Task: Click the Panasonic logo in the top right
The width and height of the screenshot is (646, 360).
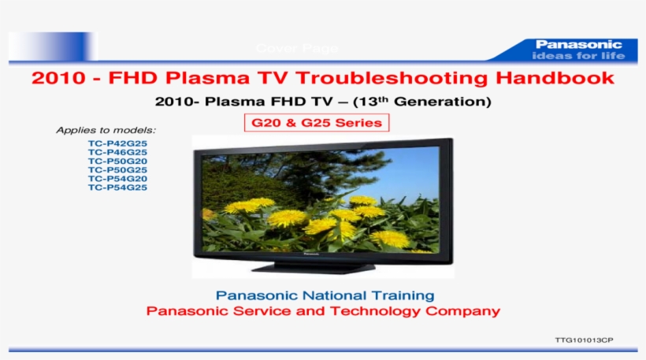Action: [579, 44]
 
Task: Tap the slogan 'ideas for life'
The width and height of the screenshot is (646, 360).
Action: [579, 56]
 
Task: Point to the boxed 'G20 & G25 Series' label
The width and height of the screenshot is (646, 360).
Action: [316, 123]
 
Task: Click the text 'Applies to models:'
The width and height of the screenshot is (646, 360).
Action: [106, 130]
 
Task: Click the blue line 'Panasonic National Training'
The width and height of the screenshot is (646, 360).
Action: [325, 295]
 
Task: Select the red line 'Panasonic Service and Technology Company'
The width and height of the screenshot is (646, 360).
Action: [323, 311]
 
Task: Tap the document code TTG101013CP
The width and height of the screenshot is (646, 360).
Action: [584, 340]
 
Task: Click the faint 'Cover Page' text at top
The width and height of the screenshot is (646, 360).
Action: [297, 49]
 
